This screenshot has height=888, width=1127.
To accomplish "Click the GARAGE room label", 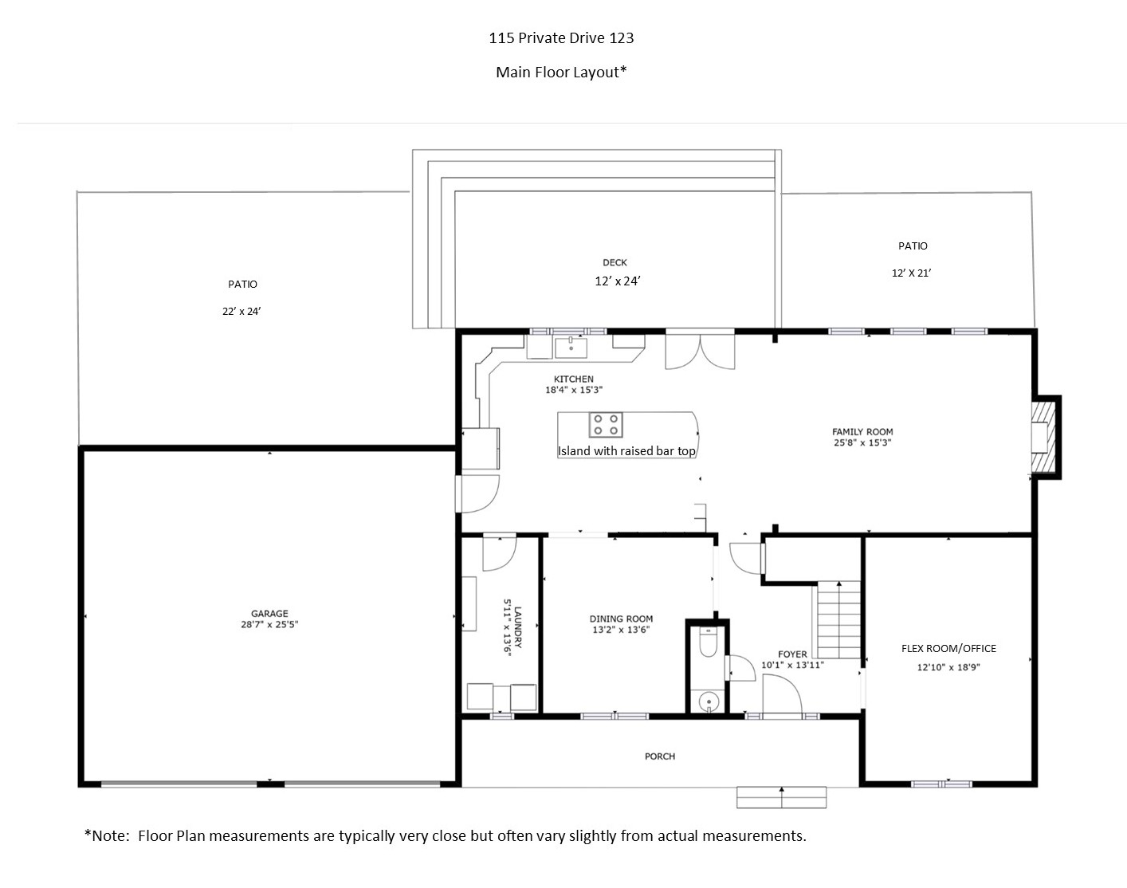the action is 269,613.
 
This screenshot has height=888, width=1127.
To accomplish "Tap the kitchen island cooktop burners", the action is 606,425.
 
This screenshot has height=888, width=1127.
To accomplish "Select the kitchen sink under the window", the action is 571,348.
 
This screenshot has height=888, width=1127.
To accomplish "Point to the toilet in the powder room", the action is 708,642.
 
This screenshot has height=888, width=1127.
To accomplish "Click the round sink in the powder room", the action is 709,701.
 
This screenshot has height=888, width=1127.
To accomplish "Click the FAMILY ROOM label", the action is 862,432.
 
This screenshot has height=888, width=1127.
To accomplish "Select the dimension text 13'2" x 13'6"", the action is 621,630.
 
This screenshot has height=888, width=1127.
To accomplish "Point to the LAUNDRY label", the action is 518,627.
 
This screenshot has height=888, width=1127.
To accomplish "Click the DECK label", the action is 615,262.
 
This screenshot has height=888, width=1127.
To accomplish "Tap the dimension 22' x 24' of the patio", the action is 241,311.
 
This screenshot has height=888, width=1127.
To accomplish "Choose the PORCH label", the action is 660,756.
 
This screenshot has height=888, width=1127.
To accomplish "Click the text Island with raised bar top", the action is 626,451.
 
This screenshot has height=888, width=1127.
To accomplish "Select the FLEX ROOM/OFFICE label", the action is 949,649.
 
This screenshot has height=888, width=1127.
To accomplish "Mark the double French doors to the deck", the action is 700,350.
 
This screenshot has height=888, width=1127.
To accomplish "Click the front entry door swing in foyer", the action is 783,694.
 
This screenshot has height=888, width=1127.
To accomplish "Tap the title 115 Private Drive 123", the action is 561,38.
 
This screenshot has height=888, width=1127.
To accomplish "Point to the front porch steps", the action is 781,797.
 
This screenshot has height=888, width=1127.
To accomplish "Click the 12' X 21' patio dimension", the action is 911,273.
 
